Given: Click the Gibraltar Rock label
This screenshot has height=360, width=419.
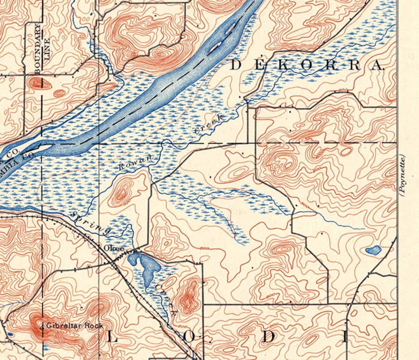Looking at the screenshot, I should point(66,325).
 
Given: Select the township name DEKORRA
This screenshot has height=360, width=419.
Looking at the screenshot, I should point(307,65).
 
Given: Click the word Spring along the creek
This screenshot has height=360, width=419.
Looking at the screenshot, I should point(92,223).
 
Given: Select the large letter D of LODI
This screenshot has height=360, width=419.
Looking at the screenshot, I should point(270,337).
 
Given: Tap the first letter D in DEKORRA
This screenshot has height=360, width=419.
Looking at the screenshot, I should point(236,65).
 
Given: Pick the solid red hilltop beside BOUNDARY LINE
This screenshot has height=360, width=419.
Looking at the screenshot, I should point(36,83).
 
